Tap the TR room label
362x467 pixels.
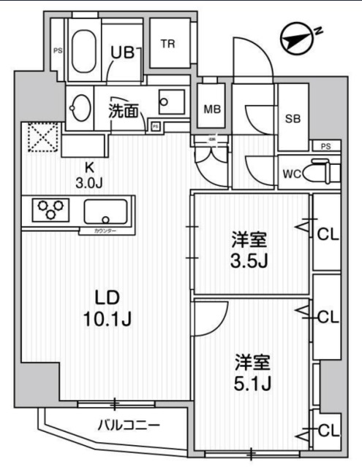(168, 44)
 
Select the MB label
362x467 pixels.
(212, 109)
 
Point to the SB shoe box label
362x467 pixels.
(293, 119)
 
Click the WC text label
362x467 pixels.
(290, 174)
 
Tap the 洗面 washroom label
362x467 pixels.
(124, 111)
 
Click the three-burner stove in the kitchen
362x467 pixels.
(48, 210)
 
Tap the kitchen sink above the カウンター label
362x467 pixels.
(108, 212)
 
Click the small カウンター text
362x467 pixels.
(107, 231)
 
